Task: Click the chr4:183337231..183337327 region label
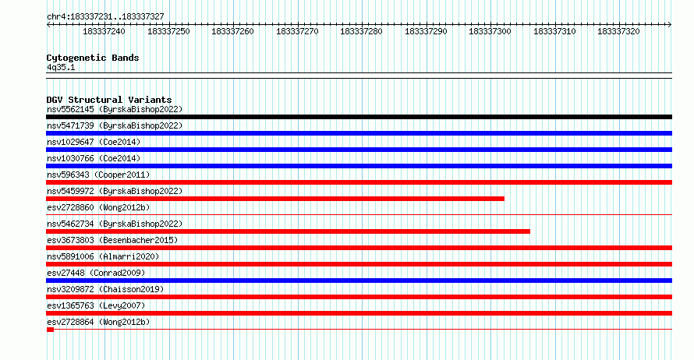click(105, 17)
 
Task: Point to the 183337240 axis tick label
click(104, 31)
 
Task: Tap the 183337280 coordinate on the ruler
click(361, 31)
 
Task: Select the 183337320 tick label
click(618, 31)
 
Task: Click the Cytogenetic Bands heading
click(93, 58)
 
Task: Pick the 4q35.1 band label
click(61, 68)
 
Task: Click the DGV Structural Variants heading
click(109, 100)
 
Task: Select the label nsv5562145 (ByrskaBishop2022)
click(115, 110)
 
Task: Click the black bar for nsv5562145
click(359, 117)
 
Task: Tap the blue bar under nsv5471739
click(359, 133)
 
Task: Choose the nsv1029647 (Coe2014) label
click(94, 143)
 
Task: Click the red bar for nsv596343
click(359, 182)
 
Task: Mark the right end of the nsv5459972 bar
click(504, 199)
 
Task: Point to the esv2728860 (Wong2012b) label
click(98, 208)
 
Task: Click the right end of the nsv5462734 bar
click(529, 231)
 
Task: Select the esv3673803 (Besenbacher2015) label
click(112, 241)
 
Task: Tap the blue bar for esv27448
click(359, 281)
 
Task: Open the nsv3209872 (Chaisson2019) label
click(105, 290)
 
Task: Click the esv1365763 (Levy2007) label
click(96, 306)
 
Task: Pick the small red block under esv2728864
click(50, 330)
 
